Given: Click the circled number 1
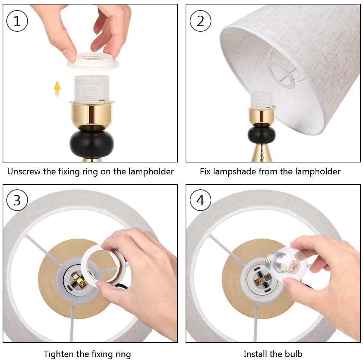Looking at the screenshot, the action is point(17,21).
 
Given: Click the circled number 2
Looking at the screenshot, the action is point(200,21).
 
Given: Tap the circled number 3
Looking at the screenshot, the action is point(17,200).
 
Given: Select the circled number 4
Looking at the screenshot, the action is point(200,200).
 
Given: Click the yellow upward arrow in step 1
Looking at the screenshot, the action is point(57,89).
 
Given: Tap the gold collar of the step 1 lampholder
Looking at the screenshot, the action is point(92,114).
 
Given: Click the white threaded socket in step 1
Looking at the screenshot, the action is point(91,89).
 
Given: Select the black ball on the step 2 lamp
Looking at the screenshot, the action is point(261,134).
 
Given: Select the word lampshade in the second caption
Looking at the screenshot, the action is point(235,171).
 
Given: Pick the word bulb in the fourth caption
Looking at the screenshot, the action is point(294,354).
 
